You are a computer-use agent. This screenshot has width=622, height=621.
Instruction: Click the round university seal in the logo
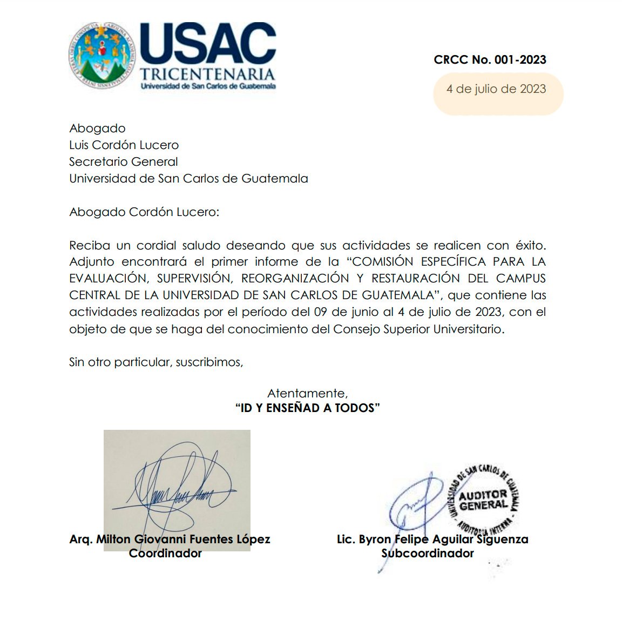[101, 56]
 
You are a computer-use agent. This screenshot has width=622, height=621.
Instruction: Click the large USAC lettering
[208, 44]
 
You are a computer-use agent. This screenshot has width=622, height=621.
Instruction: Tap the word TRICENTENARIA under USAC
[207, 74]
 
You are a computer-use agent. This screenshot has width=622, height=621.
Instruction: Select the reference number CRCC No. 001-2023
[490, 60]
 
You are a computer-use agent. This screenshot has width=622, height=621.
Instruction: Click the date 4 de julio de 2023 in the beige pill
[496, 89]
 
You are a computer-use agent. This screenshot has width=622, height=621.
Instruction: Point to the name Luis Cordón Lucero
[124, 145]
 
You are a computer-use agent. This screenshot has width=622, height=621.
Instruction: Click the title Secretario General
[123, 162]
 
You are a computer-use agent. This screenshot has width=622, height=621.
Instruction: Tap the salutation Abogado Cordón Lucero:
[144, 212]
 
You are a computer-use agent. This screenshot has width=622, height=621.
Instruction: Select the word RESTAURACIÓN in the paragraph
[416, 279]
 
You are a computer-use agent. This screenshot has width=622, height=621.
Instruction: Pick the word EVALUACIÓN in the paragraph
[107, 279]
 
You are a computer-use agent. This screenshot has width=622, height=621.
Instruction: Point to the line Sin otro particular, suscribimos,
[156, 362]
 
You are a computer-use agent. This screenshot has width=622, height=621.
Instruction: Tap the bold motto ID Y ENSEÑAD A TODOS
[307, 408]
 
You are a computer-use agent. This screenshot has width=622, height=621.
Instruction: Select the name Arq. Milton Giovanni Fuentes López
[170, 539]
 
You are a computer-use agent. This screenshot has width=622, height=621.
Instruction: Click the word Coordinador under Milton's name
[165, 553]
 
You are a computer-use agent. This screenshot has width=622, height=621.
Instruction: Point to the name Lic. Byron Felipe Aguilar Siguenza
[432, 539]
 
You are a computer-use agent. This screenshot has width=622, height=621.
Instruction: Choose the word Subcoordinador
[428, 553]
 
